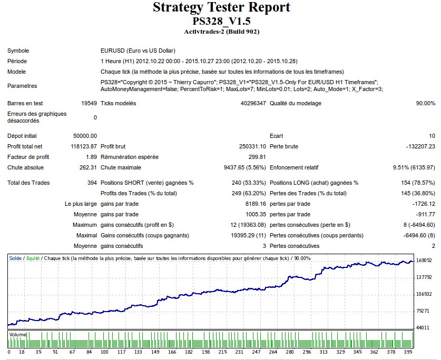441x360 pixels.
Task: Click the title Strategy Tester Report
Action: click(221, 8)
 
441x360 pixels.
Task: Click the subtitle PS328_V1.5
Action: click(221, 21)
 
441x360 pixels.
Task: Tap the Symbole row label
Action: click(18, 51)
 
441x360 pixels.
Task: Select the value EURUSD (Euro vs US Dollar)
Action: click(138, 51)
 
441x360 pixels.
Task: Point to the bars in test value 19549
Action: click(88, 103)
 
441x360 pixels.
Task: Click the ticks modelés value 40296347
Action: click(253, 103)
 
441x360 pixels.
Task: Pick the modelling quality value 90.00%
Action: click(425, 103)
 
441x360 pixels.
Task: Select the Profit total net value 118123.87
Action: click(83, 146)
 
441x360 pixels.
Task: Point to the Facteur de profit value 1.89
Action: click(91, 157)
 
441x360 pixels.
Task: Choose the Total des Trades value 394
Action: click(92, 183)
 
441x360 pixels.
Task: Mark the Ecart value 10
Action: click(432, 136)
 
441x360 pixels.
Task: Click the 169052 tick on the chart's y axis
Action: click(424, 261)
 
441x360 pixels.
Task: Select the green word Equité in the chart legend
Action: click(33, 258)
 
